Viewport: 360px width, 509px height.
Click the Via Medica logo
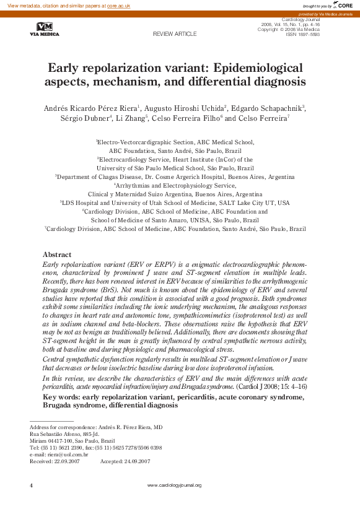[45, 29]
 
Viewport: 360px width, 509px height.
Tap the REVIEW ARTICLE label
[174, 33]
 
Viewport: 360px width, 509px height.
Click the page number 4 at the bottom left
[31, 485]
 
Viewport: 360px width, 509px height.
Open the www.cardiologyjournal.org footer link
[174, 485]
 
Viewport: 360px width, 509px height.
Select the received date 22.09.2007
[68, 461]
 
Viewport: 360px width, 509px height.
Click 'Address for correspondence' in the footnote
[63, 427]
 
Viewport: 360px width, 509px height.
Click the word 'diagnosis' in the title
[278, 81]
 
